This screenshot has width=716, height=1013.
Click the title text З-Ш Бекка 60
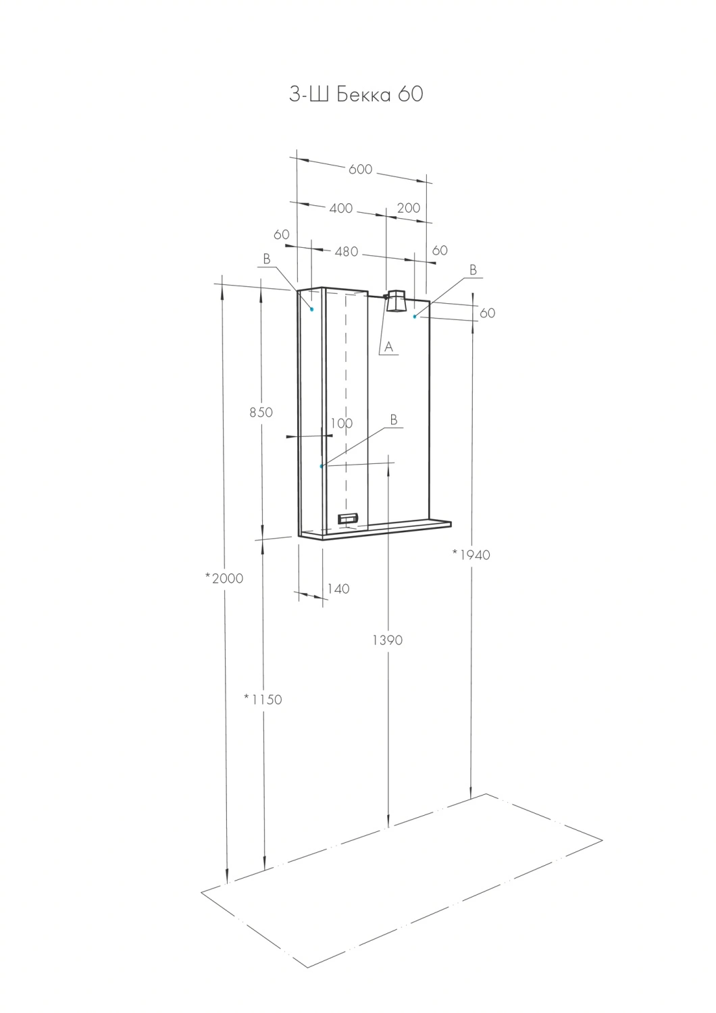(356, 95)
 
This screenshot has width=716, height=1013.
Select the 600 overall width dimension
(360, 170)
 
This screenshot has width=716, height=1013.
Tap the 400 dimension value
(340, 209)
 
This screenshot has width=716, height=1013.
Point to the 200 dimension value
(408, 208)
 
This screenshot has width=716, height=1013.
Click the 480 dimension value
(346, 252)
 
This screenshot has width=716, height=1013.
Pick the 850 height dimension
(261, 412)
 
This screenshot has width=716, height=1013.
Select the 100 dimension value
(342, 423)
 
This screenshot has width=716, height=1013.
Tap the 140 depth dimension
(338, 589)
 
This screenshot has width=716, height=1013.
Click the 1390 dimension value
(387, 640)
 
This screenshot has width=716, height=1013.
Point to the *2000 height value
(224, 578)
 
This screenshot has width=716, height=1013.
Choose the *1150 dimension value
(263, 700)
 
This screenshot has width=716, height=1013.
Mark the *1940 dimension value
(471, 554)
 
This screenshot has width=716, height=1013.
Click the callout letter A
(388, 348)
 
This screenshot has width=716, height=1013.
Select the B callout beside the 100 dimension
(393, 420)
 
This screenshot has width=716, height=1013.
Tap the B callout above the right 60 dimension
(473, 270)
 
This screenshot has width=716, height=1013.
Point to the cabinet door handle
(347, 519)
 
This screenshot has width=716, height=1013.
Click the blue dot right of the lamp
(415, 316)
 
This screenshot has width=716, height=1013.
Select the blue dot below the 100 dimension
(322, 466)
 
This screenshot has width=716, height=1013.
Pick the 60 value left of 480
(282, 235)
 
